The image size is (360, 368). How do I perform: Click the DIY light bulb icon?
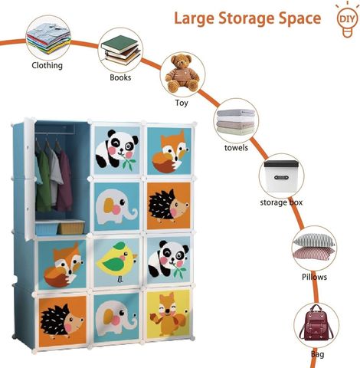point(347,21)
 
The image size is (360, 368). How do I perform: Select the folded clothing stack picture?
point(48,38)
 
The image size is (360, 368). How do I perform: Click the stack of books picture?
point(121,50)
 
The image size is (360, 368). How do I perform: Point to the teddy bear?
point(182,73)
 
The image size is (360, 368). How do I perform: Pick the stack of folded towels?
point(236,122)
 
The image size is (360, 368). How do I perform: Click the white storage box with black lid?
point(281,176)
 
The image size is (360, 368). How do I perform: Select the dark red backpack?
point(316,323)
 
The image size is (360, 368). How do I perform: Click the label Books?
point(120,77)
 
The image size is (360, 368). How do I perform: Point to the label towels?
point(236,148)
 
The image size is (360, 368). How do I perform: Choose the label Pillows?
point(314,277)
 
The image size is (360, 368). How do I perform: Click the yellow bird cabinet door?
point(116,262)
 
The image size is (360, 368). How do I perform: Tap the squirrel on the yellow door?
point(169,315)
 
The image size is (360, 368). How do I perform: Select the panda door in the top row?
point(117,150)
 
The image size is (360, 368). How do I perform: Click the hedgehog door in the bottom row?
point(62,321)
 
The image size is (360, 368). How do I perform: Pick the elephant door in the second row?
point(116,206)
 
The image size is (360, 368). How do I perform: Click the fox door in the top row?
point(169,151)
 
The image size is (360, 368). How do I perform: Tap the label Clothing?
point(47,65)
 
